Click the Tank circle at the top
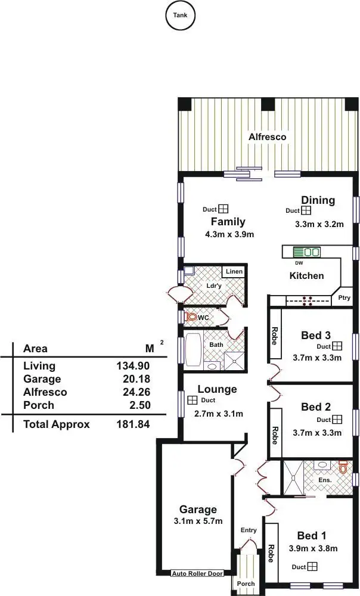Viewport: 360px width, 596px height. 179,15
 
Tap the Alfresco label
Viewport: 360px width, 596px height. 267,137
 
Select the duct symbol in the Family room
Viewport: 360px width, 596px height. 224,209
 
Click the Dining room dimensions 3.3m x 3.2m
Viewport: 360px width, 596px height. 319,225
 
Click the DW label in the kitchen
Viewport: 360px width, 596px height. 299,263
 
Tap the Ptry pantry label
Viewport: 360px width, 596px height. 344,298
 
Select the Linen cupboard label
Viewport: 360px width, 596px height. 234,272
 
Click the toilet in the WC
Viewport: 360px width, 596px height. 192,317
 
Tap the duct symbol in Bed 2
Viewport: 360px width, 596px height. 337,420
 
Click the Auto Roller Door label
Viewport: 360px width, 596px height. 197,573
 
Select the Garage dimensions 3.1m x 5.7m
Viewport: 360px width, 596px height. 197,521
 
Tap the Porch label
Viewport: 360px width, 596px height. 246,583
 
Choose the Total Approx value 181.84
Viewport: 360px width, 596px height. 132,424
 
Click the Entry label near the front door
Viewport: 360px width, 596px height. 249,530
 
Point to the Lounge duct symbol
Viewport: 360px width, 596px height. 193,401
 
